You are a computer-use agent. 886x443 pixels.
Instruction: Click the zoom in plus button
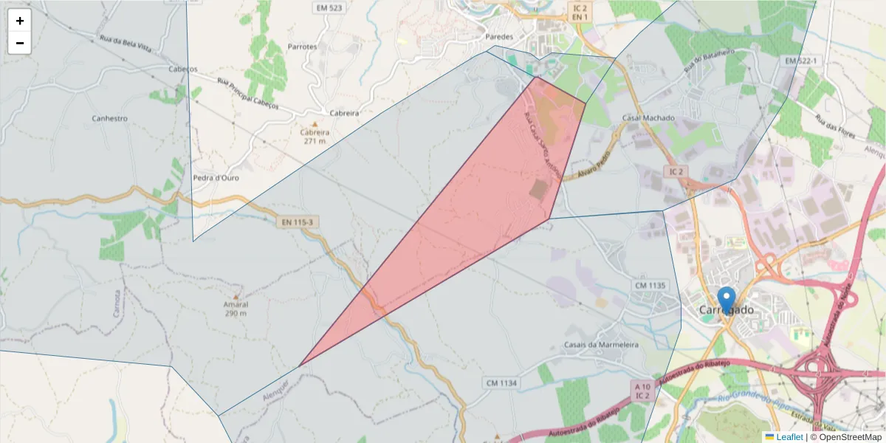coord(20,21)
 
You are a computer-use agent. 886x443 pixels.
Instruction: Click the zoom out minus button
coord(20,43)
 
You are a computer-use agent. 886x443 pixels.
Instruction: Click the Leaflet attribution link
coord(789,437)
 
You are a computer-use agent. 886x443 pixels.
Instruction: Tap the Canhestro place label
coord(109,118)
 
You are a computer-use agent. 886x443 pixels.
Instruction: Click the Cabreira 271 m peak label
coord(315,136)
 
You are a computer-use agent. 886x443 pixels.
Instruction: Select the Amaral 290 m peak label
coord(236,308)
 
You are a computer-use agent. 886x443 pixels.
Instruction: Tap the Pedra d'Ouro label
coord(216,178)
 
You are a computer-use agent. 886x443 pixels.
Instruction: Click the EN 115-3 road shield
coord(296,221)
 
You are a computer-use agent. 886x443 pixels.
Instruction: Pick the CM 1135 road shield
coord(650,285)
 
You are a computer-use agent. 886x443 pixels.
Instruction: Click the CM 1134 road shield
coord(501,382)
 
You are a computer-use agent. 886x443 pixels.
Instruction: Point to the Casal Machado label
coord(648,118)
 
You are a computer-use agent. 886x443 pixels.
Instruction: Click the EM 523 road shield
coord(329,9)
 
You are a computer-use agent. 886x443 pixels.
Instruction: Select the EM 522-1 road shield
coord(802,60)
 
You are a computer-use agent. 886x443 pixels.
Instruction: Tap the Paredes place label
coord(499,36)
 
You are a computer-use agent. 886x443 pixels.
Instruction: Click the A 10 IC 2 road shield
coord(642,391)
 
